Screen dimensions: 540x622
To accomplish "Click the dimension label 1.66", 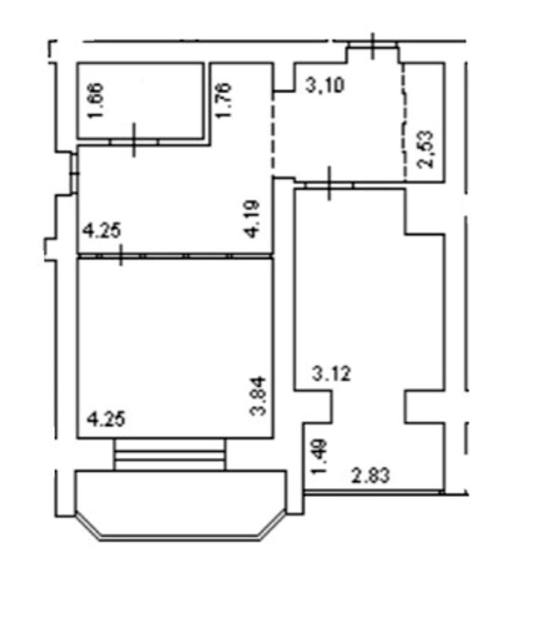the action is click(x=96, y=100).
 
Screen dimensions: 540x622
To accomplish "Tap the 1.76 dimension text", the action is click(x=223, y=100).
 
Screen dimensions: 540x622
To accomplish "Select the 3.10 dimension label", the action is click(x=325, y=86).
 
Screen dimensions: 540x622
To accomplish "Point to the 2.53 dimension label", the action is click(x=425, y=149).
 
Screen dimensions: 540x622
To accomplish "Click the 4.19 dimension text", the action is click(x=252, y=218).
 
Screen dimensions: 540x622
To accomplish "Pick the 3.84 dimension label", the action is click(x=258, y=396).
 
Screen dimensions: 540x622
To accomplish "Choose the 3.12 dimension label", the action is click(x=332, y=374).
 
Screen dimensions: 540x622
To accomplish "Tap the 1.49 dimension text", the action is click(x=319, y=456).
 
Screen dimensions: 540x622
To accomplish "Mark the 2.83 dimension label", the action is click(x=371, y=475).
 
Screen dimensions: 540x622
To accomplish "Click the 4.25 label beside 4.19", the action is click(x=101, y=231).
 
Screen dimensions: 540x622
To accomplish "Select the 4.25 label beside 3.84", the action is click(x=106, y=419).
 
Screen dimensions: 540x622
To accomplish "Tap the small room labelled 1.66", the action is click(x=141, y=101).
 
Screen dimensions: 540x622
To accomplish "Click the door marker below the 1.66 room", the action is click(x=133, y=140).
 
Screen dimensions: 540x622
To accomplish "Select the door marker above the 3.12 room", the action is click(x=329, y=184).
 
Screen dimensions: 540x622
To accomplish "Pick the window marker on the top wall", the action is click(x=373, y=46).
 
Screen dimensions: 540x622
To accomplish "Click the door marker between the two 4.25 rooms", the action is click(x=121, y=255).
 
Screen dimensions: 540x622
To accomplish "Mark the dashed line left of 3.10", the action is click(x=272, y=135).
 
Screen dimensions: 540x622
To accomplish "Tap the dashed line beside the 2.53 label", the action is click(x=404, y=122).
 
